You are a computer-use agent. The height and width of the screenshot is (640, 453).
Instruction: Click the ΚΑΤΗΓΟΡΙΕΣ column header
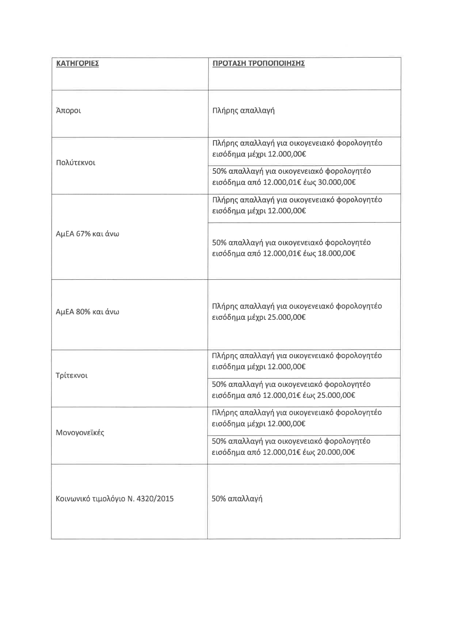click(x=77, y=64)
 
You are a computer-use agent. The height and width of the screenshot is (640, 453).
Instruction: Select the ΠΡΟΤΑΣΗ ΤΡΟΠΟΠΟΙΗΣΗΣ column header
click(x=258, y=64)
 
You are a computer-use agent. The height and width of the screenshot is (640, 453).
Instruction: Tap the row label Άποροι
click(x=68, y=111)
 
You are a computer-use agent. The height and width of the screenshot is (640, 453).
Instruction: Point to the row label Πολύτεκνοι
click(x=76, y=163)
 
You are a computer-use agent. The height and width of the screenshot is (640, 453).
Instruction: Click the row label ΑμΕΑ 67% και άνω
click(x=87, y=234)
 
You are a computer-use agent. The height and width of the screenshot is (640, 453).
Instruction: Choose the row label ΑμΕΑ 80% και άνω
click(x=87, y=312)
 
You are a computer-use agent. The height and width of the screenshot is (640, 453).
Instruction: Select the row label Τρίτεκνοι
click(x=72, y=376)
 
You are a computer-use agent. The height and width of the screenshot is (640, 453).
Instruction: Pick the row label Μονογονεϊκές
click(x=80, y=433)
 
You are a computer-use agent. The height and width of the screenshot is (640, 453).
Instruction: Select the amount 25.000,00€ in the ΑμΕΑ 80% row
click(x=286, y=317)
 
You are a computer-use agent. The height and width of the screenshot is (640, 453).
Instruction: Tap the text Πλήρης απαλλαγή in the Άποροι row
click(x=243, y=111)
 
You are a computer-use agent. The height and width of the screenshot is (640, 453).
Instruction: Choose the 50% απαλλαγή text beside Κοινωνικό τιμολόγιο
click(x=237, y=499)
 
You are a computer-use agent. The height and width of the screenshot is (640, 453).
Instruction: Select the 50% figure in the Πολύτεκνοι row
click(x=219, y=171)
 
